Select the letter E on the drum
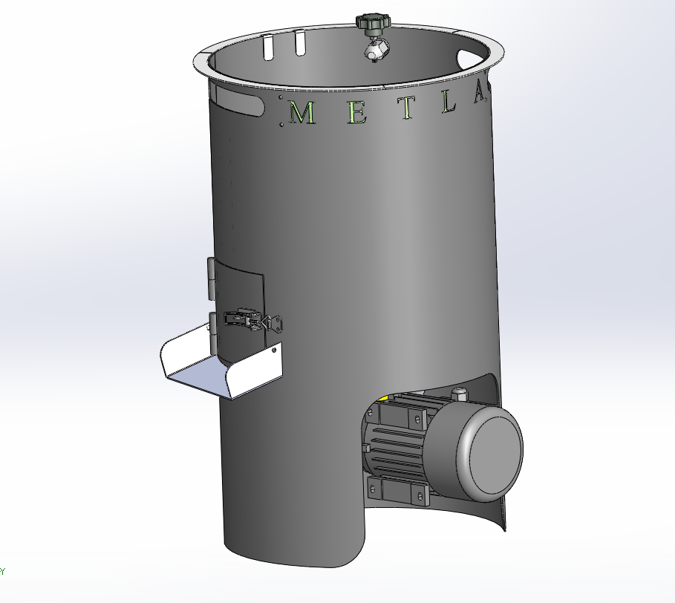(x=357, y=111)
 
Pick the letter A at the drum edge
(x=478, y=93)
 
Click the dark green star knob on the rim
(x=373, y=24)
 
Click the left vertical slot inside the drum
(x=268, y=47)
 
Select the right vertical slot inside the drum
(x=300, y=44)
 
